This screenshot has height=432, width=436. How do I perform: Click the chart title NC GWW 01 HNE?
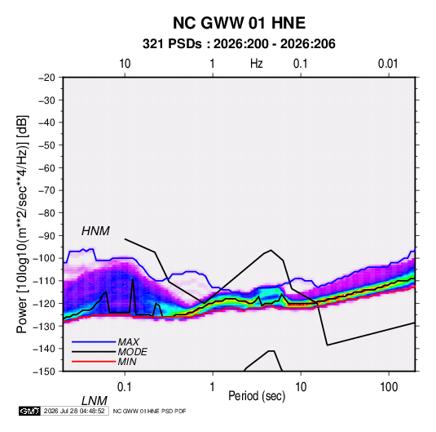coord(239,23)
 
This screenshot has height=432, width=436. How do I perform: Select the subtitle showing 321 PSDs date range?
coord(239,44)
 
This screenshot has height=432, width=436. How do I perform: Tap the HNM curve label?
coord(95,231)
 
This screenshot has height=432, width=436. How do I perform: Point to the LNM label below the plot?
coord(95,401)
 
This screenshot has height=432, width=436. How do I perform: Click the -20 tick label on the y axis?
coord(46,78)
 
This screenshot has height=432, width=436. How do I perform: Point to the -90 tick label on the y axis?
coord(46,235)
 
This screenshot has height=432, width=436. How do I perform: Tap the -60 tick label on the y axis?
coord(46,167)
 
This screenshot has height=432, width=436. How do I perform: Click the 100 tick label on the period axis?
coord(389,387)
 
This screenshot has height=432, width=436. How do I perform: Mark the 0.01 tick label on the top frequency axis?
coord(388,64)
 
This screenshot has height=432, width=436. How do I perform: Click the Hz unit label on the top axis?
coord(257,64)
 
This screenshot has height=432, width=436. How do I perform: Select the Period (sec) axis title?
coord(257,396)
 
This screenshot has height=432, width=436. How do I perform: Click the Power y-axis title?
coord(22,225)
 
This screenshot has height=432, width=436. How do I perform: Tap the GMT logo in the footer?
coord(30,411)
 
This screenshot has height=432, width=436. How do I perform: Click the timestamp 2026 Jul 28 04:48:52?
coord(74,411)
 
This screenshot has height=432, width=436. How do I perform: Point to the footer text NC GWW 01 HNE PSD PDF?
coord(150,411)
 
